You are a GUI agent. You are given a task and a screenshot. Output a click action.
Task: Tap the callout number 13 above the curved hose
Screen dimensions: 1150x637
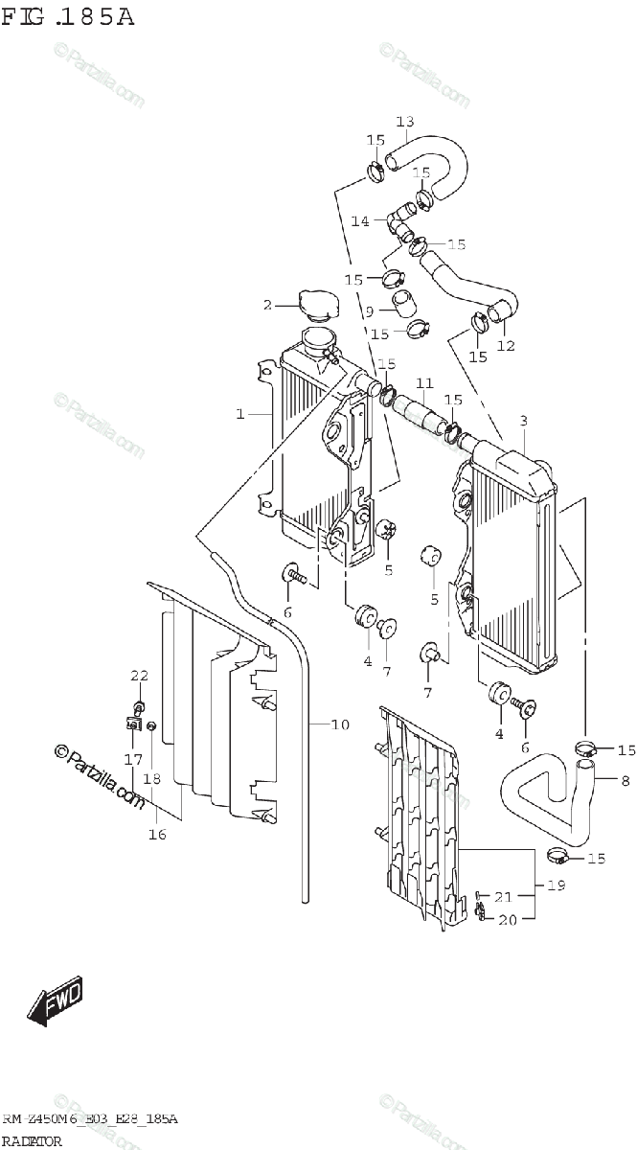404,122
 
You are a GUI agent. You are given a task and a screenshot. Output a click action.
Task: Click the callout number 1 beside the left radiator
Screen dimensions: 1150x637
241,414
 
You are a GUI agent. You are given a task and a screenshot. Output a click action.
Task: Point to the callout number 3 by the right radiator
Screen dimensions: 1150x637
524,421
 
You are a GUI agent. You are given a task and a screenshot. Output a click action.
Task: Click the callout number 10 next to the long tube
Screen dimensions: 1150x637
340,724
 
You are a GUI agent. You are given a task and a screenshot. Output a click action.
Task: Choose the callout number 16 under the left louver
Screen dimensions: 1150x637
157,834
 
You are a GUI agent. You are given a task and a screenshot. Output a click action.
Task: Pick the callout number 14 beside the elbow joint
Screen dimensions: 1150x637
360,221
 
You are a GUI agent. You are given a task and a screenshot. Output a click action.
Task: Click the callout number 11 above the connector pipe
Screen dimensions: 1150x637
424,383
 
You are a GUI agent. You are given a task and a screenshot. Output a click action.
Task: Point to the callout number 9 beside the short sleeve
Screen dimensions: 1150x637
369,310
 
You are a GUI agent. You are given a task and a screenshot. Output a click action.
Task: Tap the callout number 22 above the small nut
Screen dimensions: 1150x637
140,678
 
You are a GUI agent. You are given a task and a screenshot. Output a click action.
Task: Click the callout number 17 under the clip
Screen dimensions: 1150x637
132,760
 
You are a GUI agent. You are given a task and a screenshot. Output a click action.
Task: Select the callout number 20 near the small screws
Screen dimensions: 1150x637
507,920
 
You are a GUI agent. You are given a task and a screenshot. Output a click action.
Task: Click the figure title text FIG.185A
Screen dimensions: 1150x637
67,16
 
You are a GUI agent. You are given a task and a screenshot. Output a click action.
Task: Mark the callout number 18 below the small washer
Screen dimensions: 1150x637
151,778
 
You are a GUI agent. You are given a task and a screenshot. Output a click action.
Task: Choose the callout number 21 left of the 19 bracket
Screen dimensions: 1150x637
503,897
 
